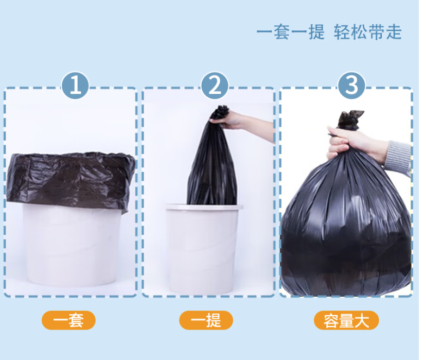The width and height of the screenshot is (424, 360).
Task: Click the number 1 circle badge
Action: click(x=75, y=85)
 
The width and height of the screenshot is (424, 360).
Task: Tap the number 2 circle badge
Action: click(x=215, y=85)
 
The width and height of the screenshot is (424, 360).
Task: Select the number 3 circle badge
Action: click(x=351, y=85)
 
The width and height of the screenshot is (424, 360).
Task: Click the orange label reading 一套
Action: click(x=68, y=320)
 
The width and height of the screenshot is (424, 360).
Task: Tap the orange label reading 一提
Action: click(x=206, y=320)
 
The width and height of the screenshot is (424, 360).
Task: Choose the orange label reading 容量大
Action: click(x=346, y=320)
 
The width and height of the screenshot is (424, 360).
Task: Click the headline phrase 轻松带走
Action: click(x=368, y=32)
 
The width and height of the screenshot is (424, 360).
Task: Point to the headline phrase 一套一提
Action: click(x=290, y=32)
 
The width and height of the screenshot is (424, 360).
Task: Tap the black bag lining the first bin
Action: click(x=70, y=180)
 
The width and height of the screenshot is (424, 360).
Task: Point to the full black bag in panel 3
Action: click(x=346, y=216)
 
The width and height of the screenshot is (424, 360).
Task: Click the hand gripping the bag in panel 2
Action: click(x=230, y=120)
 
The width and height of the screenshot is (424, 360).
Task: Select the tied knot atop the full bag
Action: click(x=350, y=119)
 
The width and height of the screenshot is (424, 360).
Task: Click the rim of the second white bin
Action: click(x=204, y=207)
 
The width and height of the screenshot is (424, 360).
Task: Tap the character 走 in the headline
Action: click(x=394, y=32)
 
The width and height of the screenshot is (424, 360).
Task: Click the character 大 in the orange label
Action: click(x=362, y=320)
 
